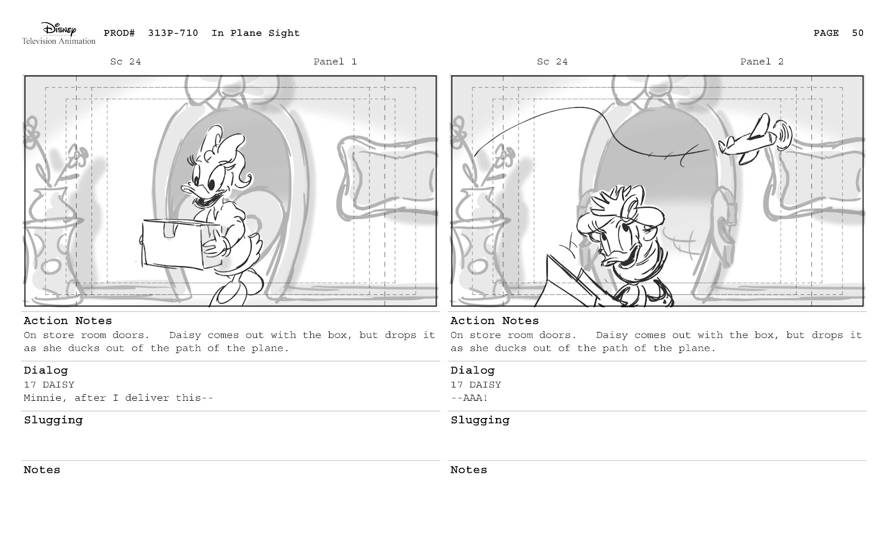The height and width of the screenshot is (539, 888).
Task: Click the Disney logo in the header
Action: pyautogui.click(x=59, y=33)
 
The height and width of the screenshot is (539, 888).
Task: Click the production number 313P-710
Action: pyautogui.click(x=173, y=33)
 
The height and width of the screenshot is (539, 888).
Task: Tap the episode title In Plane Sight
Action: pyautogui.click(x=256, y=33)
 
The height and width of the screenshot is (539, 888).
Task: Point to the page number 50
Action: pyautogui.click(x=857, y=33)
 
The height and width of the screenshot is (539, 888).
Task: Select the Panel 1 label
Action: pyautogui.click(x=335, y=62)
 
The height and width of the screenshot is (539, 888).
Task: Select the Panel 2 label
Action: pyautogui.click(x=762, y=62)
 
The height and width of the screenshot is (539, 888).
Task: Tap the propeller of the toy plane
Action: pyautogui.click(x=784, y=135)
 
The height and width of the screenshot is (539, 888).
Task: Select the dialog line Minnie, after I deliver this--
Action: pyautogui.click(x=119, y=398)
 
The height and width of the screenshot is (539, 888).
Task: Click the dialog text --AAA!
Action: pyautogui.click(x=470, y=398)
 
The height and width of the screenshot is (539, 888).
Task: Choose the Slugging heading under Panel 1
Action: pyautogui.click(x=53, y=420)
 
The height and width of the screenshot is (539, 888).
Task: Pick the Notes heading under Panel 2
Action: pyautogui.click(x=468, y=470)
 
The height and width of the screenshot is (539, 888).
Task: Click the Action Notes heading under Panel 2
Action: pyautogui.click(x=495, y=320)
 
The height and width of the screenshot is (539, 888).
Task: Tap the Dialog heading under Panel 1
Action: pyautogui.click(x=46, y=370)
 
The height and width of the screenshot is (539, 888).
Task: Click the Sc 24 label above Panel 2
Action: pyautogui.click(x=552, y=62)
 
